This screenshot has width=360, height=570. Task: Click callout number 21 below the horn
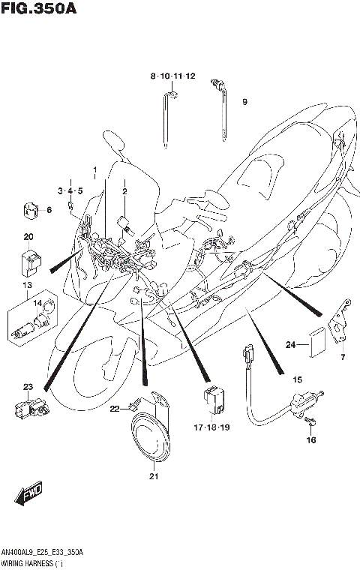(154, 475)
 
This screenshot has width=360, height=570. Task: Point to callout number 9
(244, 102)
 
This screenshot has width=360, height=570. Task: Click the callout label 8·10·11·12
(172, 76)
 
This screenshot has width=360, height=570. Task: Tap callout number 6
(49, 210)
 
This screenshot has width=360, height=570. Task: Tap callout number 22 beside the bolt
(115, 409)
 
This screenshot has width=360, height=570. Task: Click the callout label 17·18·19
(211, 427)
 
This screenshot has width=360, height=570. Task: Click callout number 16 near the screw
(310, 440)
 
